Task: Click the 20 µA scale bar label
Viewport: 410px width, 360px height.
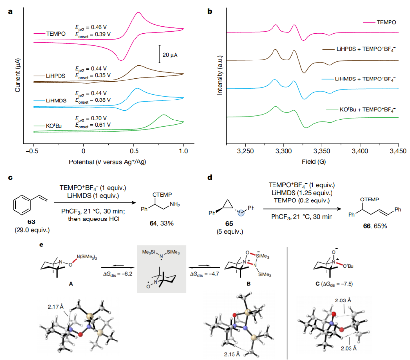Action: pos(171,55)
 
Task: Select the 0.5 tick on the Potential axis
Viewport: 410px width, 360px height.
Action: pos(133,151)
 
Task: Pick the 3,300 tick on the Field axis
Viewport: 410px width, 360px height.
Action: pos(283,151)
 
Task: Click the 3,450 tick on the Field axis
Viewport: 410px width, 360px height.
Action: pos(398,151)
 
